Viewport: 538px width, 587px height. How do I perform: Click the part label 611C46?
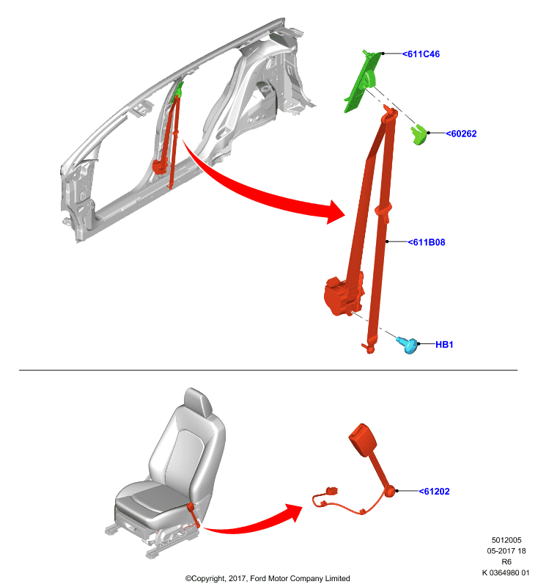click(421, 54)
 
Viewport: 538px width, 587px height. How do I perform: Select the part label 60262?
click(461, 134)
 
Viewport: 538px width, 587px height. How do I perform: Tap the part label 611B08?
click(426, 242)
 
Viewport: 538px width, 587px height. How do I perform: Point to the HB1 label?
click(444, 344)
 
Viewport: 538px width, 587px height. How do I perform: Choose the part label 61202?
click(434, 491)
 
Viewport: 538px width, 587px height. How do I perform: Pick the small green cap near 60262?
click(419, 134)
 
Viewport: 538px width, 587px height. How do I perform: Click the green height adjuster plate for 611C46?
click(362, 81)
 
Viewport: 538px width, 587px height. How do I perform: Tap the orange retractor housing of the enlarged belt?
click(342, 296)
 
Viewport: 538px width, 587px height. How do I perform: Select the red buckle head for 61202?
click(362, 440)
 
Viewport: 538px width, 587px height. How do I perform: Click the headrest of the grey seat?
click(198, 401)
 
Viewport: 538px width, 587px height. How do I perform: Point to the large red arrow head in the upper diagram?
click(335, 212)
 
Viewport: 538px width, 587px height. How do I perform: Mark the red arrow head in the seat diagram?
click(294, 512)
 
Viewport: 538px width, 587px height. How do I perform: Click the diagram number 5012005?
click(506, 540)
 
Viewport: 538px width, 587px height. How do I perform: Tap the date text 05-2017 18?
click(506, 551)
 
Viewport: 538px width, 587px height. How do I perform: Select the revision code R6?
click(506, 562)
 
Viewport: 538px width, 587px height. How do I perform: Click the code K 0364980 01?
click(506, 573)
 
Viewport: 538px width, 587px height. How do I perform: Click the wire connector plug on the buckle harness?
click(331, 490)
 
